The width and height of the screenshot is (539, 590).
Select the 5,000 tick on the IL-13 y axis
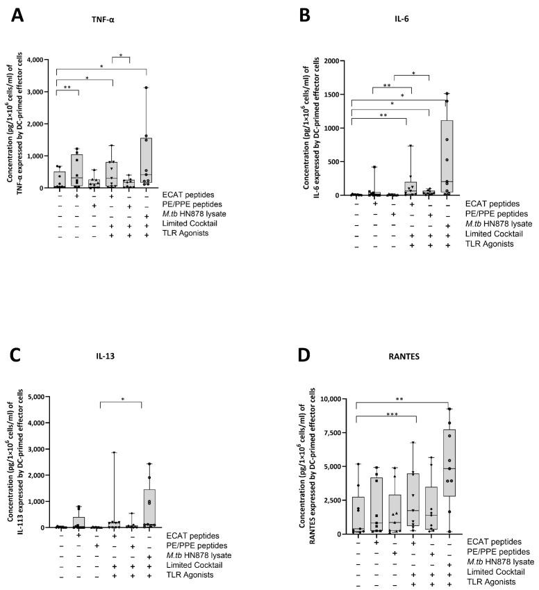(36, 397)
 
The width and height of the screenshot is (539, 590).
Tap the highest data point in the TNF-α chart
(146, 88)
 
